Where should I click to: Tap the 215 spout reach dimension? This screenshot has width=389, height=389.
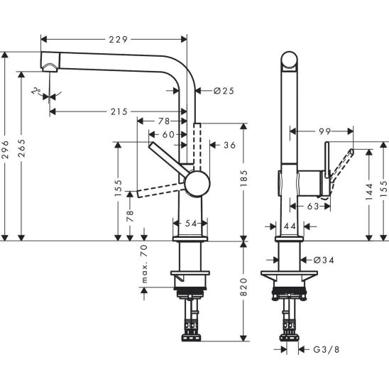tap(119, 111)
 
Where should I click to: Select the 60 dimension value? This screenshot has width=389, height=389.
tap(168, 134)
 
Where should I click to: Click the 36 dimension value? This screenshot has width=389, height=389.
tap(229, 145)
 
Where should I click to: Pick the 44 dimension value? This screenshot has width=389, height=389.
tap(289, 225)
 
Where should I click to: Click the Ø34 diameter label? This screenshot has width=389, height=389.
tap(322, 261)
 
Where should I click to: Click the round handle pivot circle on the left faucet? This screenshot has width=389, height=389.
tap(195, 183)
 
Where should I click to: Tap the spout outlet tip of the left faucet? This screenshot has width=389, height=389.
tap(50, 68)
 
